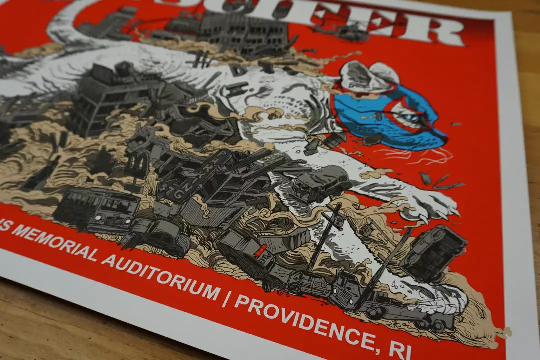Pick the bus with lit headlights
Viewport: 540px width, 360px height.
(97, 210)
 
